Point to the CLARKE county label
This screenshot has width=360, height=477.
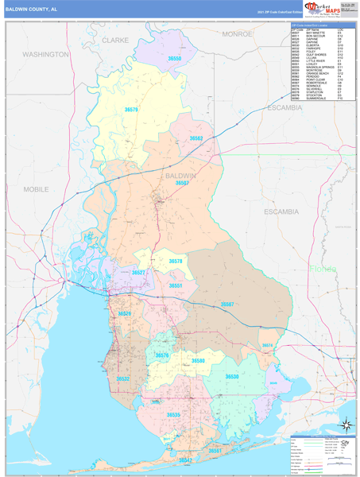115,39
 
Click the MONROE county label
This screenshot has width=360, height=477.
237,34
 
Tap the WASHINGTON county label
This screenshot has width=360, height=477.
45,54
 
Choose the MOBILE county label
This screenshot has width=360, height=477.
36,189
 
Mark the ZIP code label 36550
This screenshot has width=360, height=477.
175,59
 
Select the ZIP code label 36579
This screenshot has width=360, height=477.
131,109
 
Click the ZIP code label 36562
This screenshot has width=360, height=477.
196,138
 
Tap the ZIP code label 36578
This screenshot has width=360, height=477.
176,261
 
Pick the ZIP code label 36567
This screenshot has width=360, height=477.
227,304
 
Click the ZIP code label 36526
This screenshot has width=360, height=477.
125,314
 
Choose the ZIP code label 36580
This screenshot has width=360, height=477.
198,361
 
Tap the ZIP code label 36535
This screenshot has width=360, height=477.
173,414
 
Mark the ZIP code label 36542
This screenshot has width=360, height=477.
185,460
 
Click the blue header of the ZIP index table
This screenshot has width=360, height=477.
323,25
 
